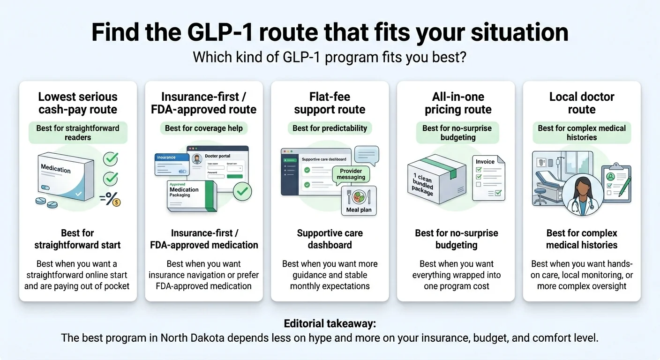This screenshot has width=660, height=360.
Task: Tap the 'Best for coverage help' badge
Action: click(204, 128)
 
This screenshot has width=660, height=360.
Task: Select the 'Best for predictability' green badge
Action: click(330, 128)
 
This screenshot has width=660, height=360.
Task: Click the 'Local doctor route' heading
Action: click(582, 103)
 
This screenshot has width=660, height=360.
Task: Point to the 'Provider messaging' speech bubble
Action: click(351, 174)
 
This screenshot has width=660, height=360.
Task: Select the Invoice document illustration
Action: click(488, 178)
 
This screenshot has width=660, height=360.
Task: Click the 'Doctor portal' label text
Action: click(217, 156)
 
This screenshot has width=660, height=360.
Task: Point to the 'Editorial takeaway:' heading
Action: click(330, 324)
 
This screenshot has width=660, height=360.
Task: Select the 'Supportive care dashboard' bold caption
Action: click(330, 239)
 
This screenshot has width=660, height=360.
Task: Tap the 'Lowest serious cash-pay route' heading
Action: click(78, 103)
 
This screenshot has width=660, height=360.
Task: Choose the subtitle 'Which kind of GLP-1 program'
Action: click(330, 57)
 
